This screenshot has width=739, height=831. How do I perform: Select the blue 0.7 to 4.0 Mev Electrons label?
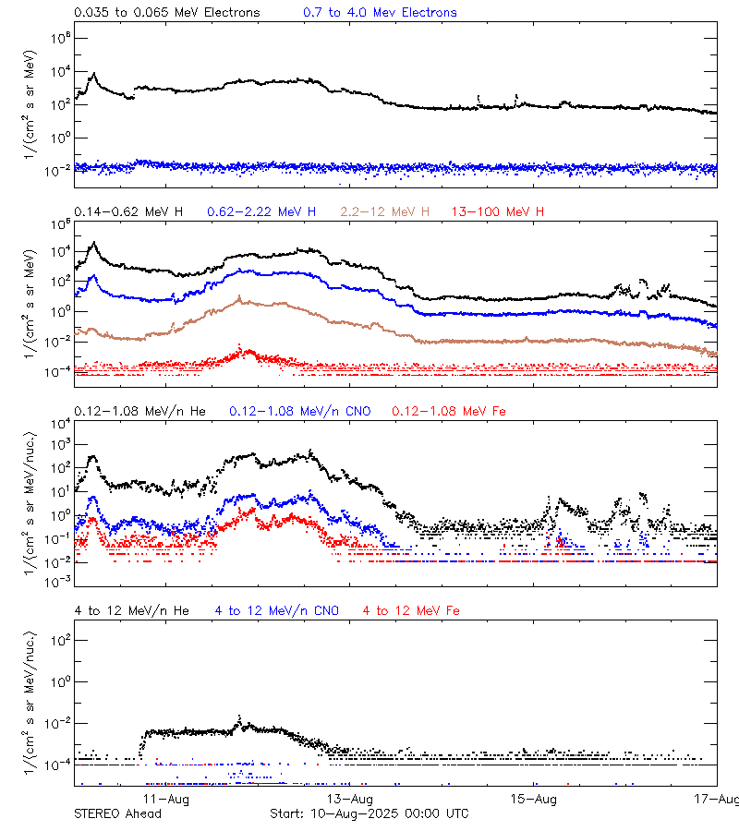(x=380, y=13)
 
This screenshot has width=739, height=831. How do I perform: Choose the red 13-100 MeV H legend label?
(x=498, y=212)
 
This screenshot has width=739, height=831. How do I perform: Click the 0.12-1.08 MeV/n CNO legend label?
(x=300, y=411)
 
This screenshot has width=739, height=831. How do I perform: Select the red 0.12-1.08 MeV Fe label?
(x=449, y=411)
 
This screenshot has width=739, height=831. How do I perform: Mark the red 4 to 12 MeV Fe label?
(x=411, y=611)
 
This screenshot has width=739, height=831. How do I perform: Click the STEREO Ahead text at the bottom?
(x=117, y=813)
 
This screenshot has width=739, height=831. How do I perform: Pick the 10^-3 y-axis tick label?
(x=57, y=582)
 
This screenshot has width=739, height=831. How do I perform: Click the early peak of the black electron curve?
(x=91, y=73)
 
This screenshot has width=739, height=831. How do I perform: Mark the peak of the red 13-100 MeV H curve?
(x=245, y=348)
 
